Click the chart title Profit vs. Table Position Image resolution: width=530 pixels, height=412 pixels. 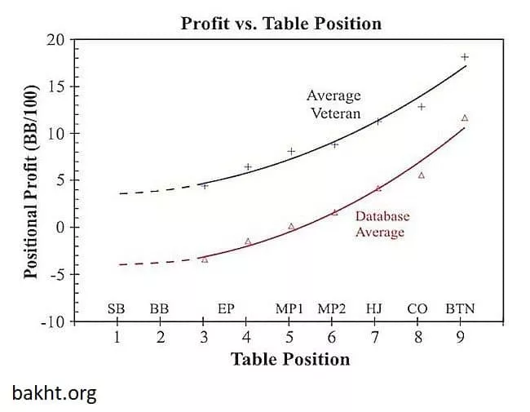[x=280, y=23]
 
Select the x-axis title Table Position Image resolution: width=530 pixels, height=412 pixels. [x=290, y=359]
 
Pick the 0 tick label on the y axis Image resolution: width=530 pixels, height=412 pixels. [x=59, y=227]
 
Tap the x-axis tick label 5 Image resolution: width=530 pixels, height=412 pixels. [x=289, y=337]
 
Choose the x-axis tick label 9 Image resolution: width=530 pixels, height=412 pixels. [x=461, y=337]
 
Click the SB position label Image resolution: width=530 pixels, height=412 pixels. [x=117, y=309]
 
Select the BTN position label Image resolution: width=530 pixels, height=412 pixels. [x=460, y=309]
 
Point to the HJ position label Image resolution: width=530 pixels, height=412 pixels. [x=374, y=309]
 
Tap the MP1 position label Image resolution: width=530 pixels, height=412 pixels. [x=289, y=309]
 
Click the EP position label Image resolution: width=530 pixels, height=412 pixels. [x=227, y=309]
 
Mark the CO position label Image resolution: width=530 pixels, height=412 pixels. [x=417, y=309]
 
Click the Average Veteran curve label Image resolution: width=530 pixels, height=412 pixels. [x=333, y=104]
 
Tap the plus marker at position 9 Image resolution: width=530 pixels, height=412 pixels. [x=465, y=57]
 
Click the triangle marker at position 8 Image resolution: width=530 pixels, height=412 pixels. [x=422, y=175]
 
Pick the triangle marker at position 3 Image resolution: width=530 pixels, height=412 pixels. [x=205, y=259]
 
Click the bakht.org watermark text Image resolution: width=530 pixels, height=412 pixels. [x=54, y=394]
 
